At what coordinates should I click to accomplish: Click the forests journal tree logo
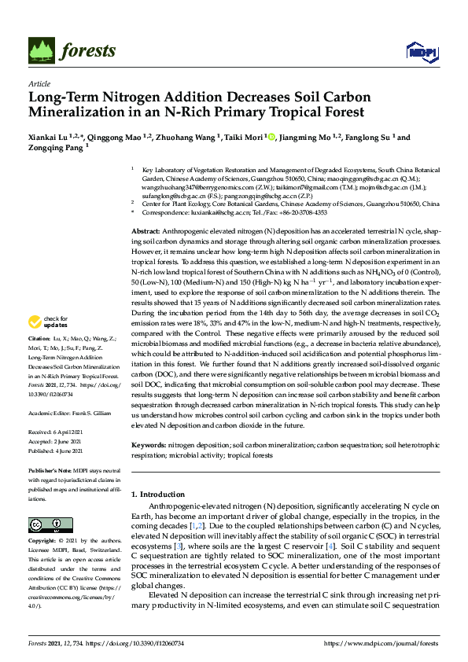(x=42, y=50)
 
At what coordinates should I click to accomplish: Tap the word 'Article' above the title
(x=39, y=83)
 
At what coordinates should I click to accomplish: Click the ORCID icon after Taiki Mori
(x=271, y=137)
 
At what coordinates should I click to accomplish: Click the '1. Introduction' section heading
(x=157, y=495)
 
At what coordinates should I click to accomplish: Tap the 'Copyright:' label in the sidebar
(x=43, y=542)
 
